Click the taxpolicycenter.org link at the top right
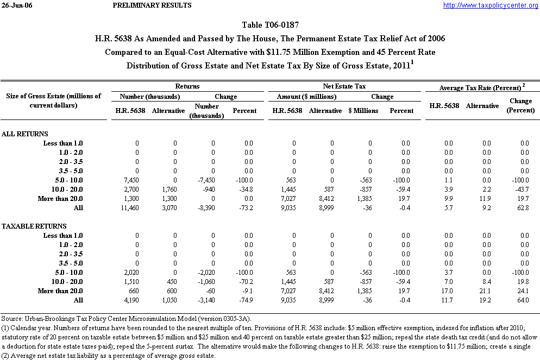click(x=490, y=5)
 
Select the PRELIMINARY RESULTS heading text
click(x=152, y=5)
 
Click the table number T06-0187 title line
click(x=269, y=25)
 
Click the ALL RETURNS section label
click(x=25, y=134)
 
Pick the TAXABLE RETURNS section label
click(x=34, y=226)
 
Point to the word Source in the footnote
click(x=11, y=318)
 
